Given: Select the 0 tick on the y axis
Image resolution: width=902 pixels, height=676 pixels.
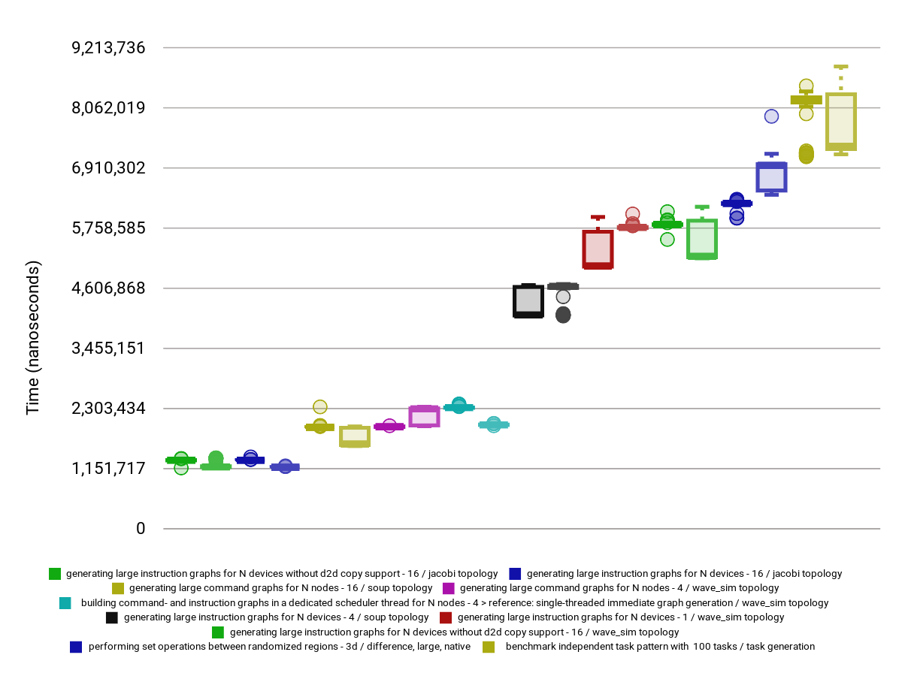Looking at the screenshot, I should click(x=140, y=529).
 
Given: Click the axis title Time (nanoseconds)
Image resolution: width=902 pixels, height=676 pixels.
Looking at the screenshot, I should click(x=32, y=338).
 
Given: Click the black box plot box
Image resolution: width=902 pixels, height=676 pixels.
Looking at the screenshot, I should click(x=528, y=301).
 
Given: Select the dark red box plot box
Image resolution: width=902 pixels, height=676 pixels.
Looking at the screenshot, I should click(x=598, y=249).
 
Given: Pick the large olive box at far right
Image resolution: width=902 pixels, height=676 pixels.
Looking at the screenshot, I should click(x=841, y=122).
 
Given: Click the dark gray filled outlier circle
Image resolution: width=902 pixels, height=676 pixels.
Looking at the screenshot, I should click(x=563, y=315).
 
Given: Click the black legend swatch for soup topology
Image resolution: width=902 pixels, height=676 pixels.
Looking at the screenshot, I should click(x=112, y=617).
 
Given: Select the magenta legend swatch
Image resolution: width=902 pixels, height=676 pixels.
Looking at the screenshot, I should click(x=448, y=588).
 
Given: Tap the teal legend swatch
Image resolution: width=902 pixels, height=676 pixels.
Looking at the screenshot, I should click(x=65, y=603).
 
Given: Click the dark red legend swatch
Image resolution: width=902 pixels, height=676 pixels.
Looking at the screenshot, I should click(x=445, y=617).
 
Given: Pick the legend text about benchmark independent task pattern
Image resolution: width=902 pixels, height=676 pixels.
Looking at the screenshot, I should click(x=660, y=647).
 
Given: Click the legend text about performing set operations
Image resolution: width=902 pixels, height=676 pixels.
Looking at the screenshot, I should click(x=280, y=647).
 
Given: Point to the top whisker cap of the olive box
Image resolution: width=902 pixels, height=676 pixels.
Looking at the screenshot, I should click(x=841, y=67).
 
